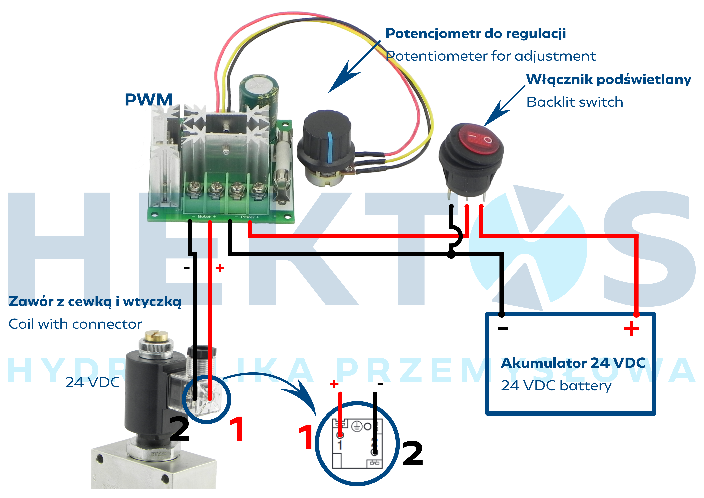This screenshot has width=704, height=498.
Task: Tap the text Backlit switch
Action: tap(575, 102)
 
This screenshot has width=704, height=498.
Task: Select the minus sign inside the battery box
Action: tap(503, 328)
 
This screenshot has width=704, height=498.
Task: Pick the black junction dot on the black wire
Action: tap(451, 254)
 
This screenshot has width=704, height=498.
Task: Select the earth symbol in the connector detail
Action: tap(356, 426)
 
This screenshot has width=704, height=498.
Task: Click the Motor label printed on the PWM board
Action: tap(204, 217)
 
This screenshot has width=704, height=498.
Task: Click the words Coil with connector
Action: tap(75, 324)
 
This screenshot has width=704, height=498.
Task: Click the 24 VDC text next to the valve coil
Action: tap(93, 382)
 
